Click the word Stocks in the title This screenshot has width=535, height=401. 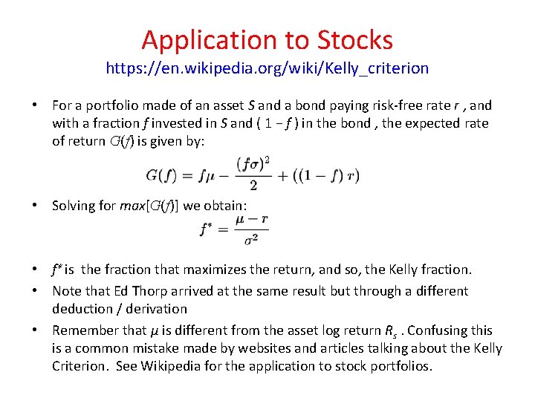(x=355, y=39)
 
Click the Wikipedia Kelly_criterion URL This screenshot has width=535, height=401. (x=267, y=68)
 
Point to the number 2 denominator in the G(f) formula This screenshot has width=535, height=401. (x=253, y=184)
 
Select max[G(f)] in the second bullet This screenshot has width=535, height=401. (x=149, y=206)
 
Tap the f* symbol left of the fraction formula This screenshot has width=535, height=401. (x=207, y=229)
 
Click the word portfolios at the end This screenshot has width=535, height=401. (x=401, y=365)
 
